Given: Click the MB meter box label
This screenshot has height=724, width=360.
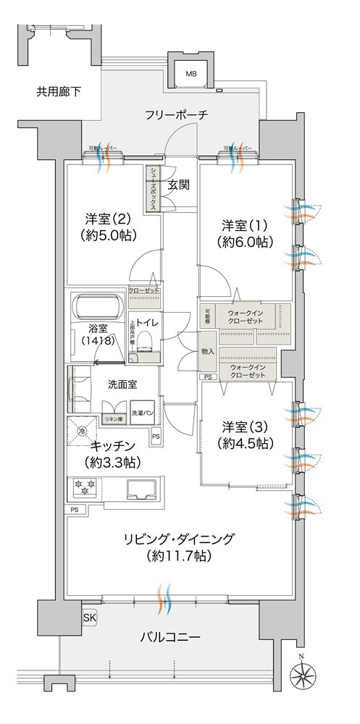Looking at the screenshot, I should (x=190, y=74).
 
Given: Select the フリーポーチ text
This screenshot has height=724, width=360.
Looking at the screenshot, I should (x=177, y=114).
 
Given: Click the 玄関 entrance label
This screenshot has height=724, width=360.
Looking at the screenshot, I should (x=179, y=185).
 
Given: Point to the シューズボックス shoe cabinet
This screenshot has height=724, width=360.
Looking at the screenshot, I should (x=154, y=189).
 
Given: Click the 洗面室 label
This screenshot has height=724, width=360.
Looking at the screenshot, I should (x=123, y=384).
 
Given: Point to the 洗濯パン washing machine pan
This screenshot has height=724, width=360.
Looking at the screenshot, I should (x=141, y=412).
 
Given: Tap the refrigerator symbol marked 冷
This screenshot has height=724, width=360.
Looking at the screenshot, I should (x=82, y=431).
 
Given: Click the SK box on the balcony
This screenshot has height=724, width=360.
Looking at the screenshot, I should (x=89, y=618).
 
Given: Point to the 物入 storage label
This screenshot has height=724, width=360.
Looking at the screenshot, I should (x=208, y=350).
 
